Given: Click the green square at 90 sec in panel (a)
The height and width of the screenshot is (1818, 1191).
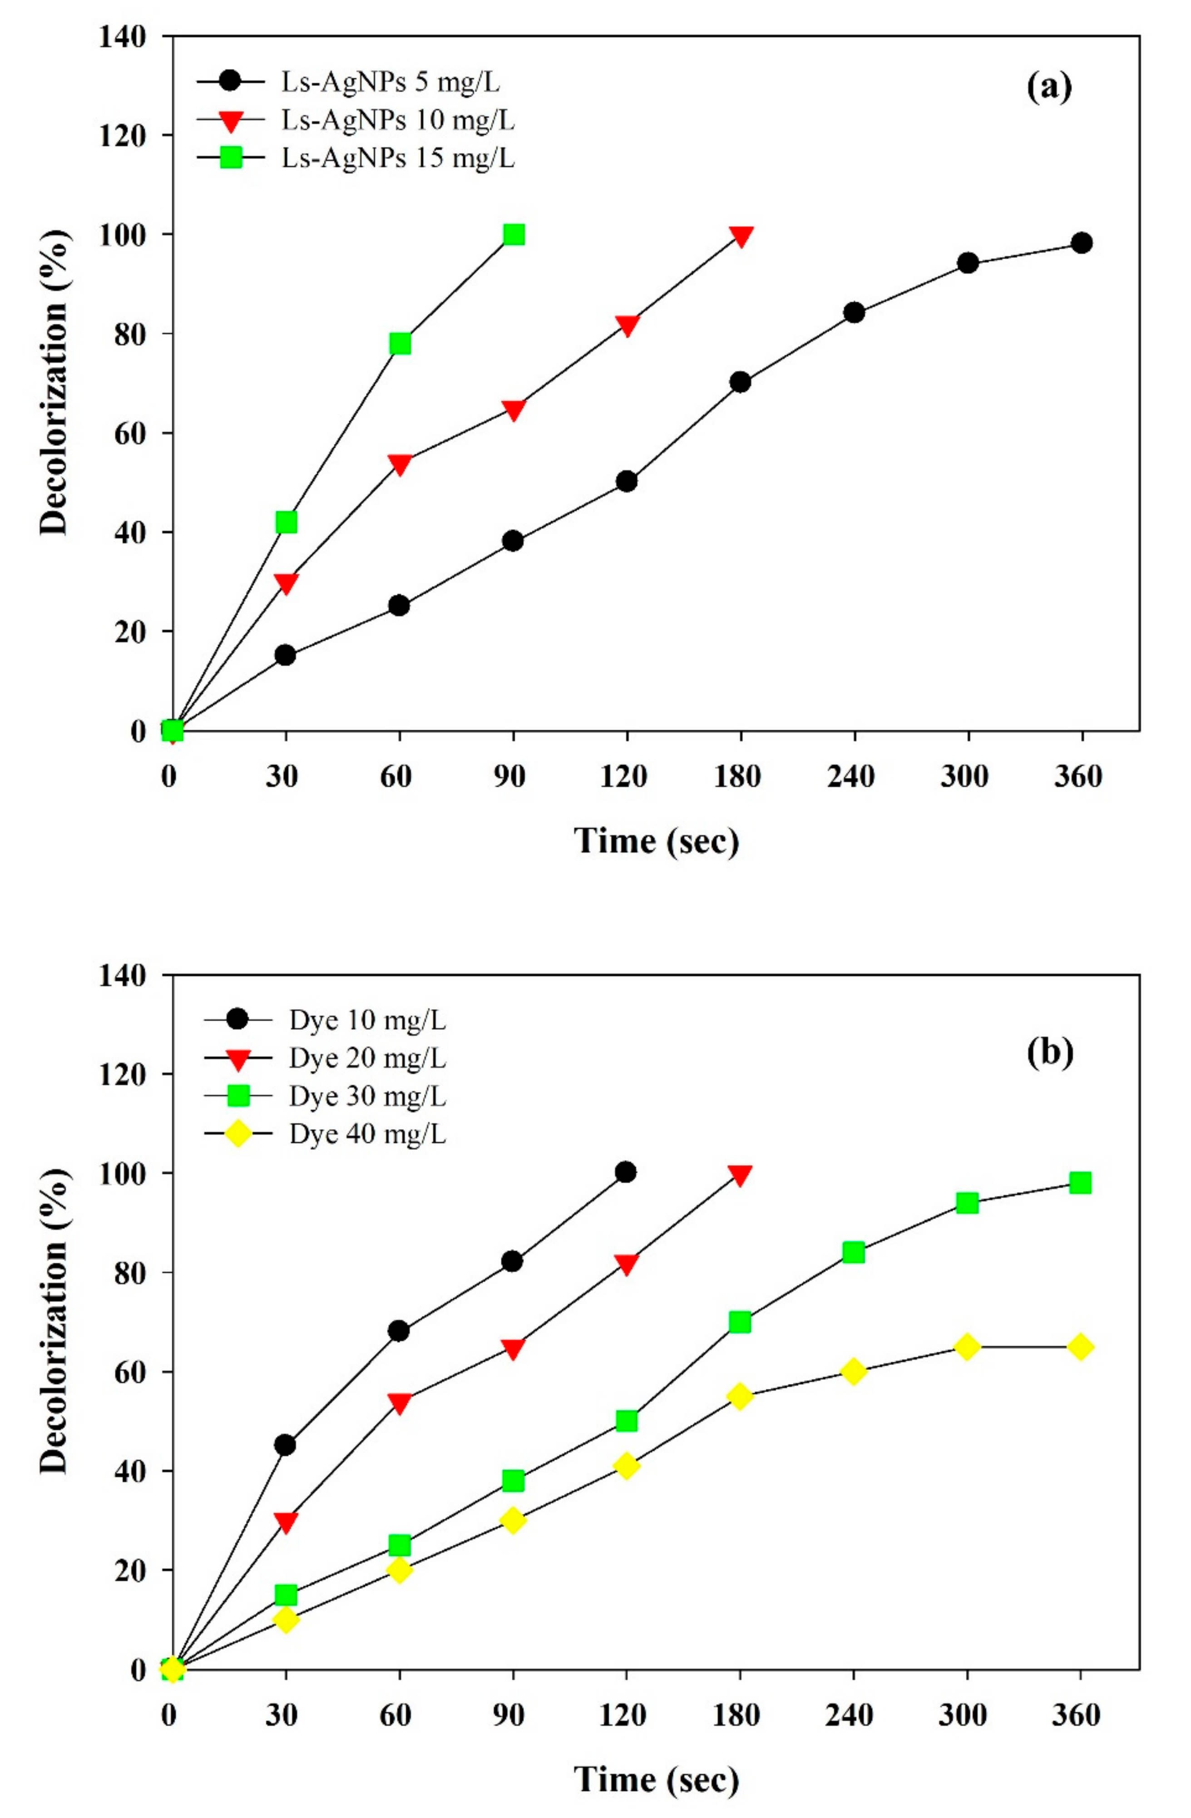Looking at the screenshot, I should (514, 234).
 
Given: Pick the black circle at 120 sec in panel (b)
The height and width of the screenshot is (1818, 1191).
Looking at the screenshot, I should (626, 1172).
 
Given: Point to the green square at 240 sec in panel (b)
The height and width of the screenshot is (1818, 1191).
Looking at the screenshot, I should (853, 1253).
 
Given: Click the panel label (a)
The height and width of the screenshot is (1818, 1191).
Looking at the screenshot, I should (1048, 88).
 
